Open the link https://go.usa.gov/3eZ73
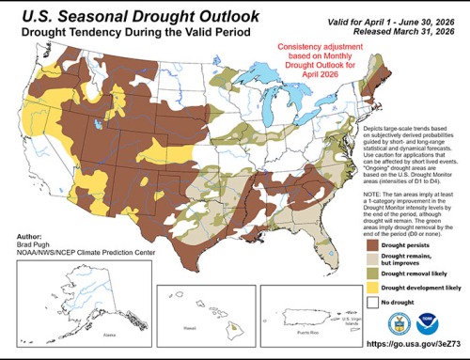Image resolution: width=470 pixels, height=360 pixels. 407,349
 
